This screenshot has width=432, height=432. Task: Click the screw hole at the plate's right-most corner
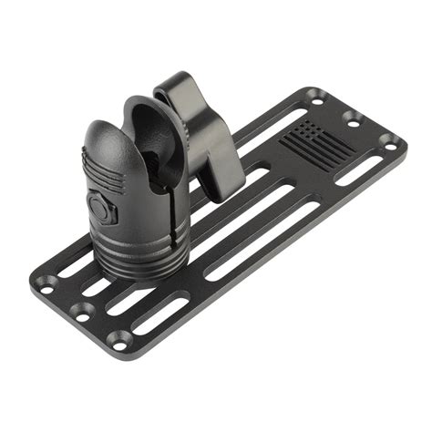[x=388, y=141]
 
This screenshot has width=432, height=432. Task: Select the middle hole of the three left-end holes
[x=81, y=310]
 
